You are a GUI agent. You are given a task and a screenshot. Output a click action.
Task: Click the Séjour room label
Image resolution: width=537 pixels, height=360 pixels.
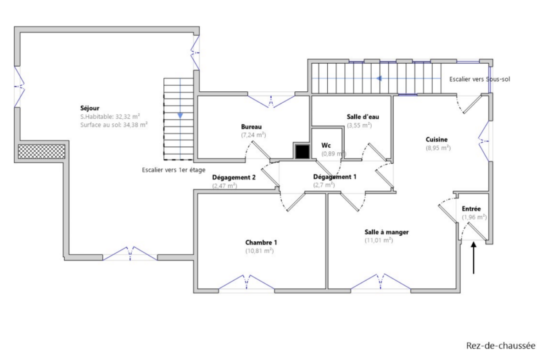[89, 108]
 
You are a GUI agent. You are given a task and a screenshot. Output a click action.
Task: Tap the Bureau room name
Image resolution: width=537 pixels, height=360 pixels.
[251, 127]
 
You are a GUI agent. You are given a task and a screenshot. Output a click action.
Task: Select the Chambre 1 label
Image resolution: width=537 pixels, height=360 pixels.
[261, 242]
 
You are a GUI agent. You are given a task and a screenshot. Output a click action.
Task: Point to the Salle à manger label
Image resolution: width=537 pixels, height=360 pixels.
[386, 232]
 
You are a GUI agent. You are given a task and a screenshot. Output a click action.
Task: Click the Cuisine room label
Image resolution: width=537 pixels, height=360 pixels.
[436, 139]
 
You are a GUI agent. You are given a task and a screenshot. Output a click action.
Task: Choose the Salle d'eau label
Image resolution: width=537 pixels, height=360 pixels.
[363, 116]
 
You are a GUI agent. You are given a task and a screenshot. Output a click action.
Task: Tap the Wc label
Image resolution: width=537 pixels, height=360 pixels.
[326, 145]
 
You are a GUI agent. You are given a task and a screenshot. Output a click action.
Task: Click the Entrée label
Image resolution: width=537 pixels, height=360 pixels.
[471, 209]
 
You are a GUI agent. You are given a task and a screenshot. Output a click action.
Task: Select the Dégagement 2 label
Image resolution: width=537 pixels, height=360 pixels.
[234, 177]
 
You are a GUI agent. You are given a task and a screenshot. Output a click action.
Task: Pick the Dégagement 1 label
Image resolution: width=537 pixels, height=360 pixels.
[335, 177]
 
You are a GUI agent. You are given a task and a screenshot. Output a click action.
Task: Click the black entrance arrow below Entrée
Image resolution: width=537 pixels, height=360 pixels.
[474, 258]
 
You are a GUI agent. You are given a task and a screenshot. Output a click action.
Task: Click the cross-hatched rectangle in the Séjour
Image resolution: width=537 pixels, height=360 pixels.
[41, 151]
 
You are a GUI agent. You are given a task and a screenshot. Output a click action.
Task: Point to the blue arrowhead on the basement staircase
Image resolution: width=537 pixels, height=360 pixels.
[379, 78]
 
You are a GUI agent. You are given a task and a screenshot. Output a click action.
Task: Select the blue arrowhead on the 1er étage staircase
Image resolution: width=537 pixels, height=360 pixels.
[180, 116]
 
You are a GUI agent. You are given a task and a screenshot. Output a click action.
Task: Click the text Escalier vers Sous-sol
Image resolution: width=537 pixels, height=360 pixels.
[480, 79]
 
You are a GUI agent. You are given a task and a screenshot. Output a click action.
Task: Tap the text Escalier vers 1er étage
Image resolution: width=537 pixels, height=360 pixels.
[173, 170]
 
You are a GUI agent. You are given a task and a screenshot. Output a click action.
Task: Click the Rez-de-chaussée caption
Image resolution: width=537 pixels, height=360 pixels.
[501, 346]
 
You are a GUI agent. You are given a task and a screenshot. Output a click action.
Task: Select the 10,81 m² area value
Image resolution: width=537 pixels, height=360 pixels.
[259, 251]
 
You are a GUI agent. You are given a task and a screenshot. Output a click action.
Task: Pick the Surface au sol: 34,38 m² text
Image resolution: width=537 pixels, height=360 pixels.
[114, 125]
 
